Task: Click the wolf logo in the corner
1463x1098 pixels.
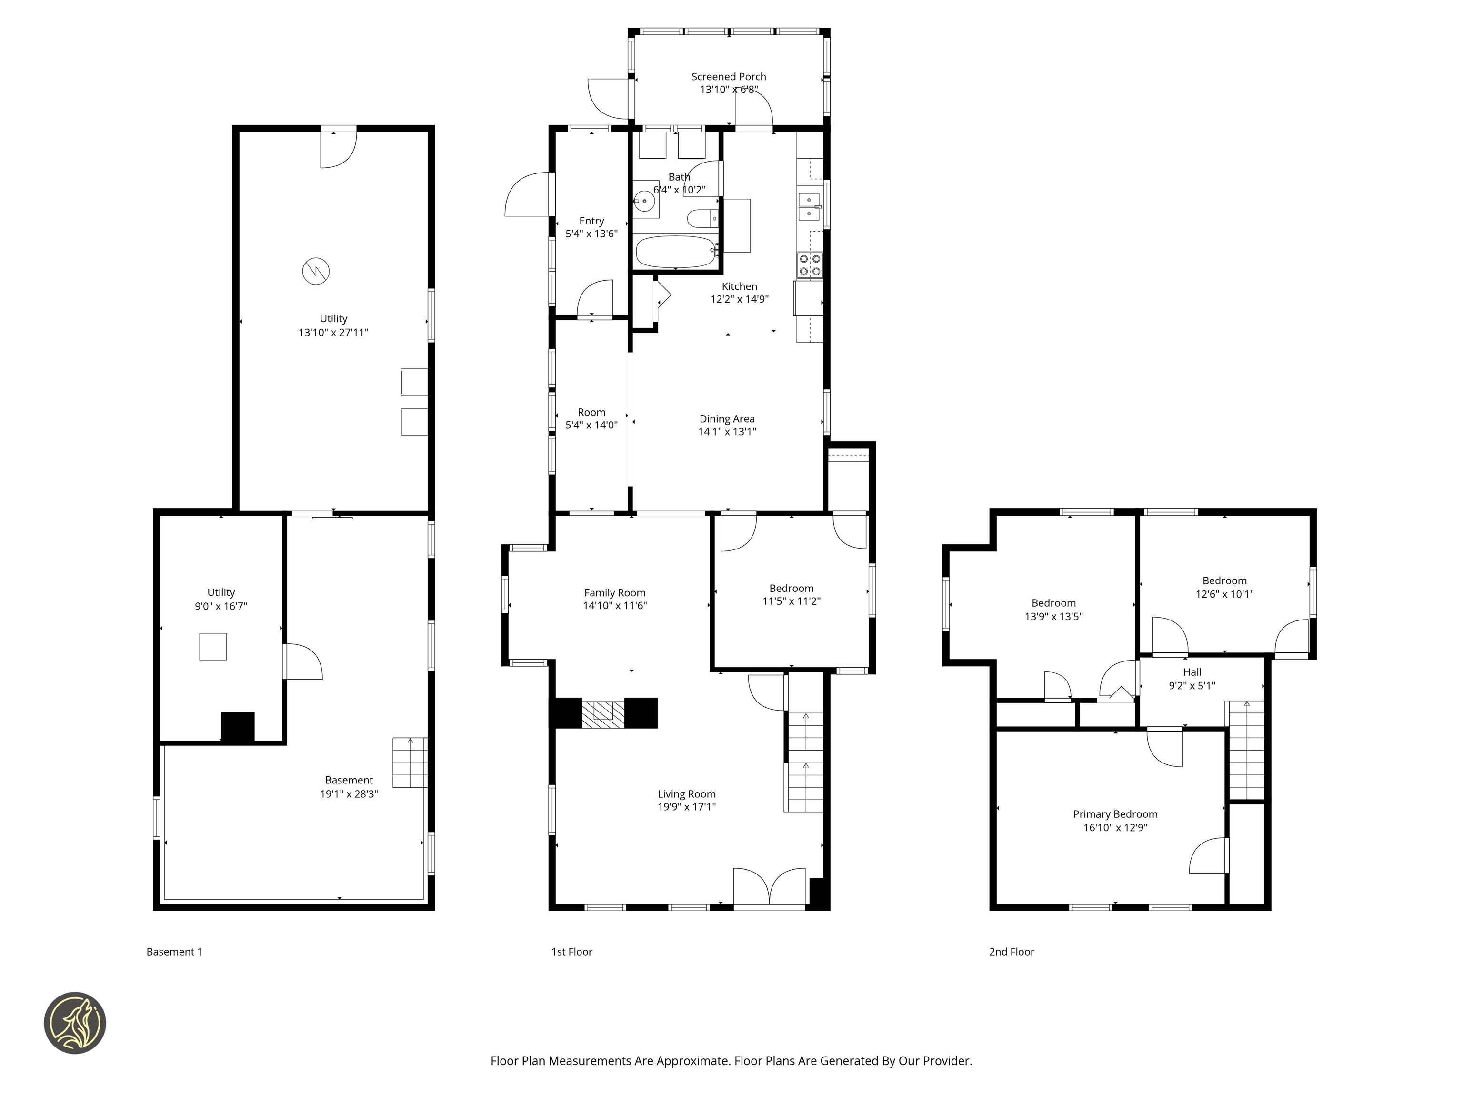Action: [75, 1023]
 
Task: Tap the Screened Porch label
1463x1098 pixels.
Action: [728, 77]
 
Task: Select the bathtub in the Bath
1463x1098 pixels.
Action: [675, 252]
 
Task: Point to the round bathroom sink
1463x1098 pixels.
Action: [643, 199]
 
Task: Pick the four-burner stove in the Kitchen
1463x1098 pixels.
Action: [810, 265]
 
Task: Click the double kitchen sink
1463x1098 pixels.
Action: [809, 206]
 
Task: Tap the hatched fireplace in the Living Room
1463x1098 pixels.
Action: [603, 713]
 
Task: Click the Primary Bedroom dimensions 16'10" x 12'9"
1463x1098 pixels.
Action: [1115, 827]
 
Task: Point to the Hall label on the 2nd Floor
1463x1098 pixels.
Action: [1192, 672]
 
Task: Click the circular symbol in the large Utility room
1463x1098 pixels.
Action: [316, 271]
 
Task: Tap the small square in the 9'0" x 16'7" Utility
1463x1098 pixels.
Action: [213, 647]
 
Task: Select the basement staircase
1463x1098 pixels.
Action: [410, 762]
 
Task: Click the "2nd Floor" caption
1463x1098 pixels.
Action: [1011, 952]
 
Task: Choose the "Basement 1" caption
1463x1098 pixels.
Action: [174, 952]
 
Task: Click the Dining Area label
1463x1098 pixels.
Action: [727, 419]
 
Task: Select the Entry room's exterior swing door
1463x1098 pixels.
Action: [527, 194]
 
